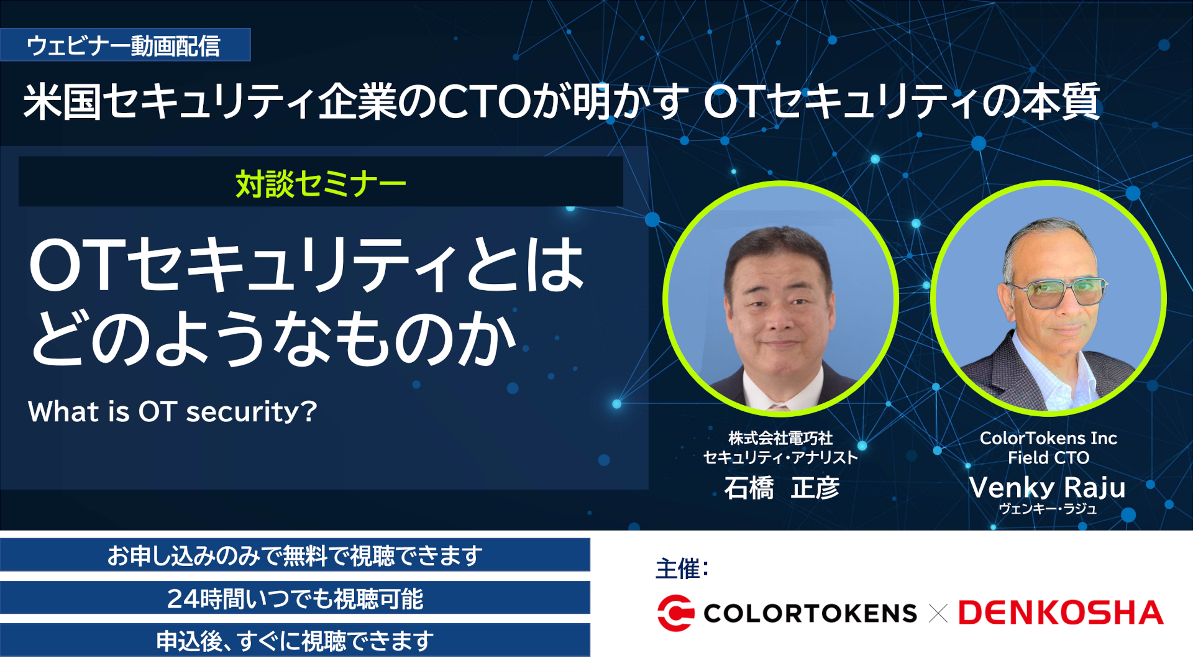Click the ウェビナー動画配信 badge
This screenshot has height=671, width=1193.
(124, 45)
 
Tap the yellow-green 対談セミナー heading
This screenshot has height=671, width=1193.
(321, 184)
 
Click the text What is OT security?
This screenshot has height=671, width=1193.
(172, 411)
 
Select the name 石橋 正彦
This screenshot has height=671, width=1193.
(781, 488)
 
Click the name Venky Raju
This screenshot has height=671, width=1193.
(1047, 488)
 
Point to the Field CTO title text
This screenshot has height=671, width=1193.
(1048, 458)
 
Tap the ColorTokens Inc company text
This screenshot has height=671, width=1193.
(1048, 438)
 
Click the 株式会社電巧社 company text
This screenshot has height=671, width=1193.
(780, 438)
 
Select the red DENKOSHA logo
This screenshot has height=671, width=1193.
(1061, 613)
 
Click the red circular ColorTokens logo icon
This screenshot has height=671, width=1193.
(675, 613)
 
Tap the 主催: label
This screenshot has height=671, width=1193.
(682, 568)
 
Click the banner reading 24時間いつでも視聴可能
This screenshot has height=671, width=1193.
(295, 598)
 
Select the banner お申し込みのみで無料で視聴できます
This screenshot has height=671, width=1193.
(295, 555)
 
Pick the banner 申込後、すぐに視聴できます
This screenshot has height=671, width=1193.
(295, 641)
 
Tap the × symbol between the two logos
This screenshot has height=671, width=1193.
(938, 614)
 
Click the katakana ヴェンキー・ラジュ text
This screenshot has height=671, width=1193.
(1048, 509)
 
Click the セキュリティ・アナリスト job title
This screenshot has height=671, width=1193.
(780, 458)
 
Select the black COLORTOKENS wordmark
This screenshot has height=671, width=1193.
(810, 614)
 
